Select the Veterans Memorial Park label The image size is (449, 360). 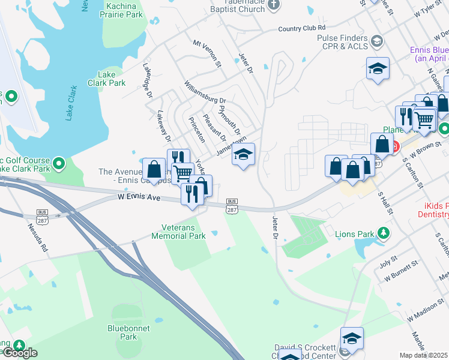[184, 232]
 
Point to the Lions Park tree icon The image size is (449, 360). [382, 233]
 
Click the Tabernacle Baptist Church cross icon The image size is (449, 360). [273, 5]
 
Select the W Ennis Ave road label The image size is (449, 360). [139, 197]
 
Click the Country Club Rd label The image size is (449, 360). [302, 28]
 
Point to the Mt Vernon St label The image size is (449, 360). [207, 53]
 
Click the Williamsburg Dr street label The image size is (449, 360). [205, 92]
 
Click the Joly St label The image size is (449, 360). [390, 262]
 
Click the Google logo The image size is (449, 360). [19, 352]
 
